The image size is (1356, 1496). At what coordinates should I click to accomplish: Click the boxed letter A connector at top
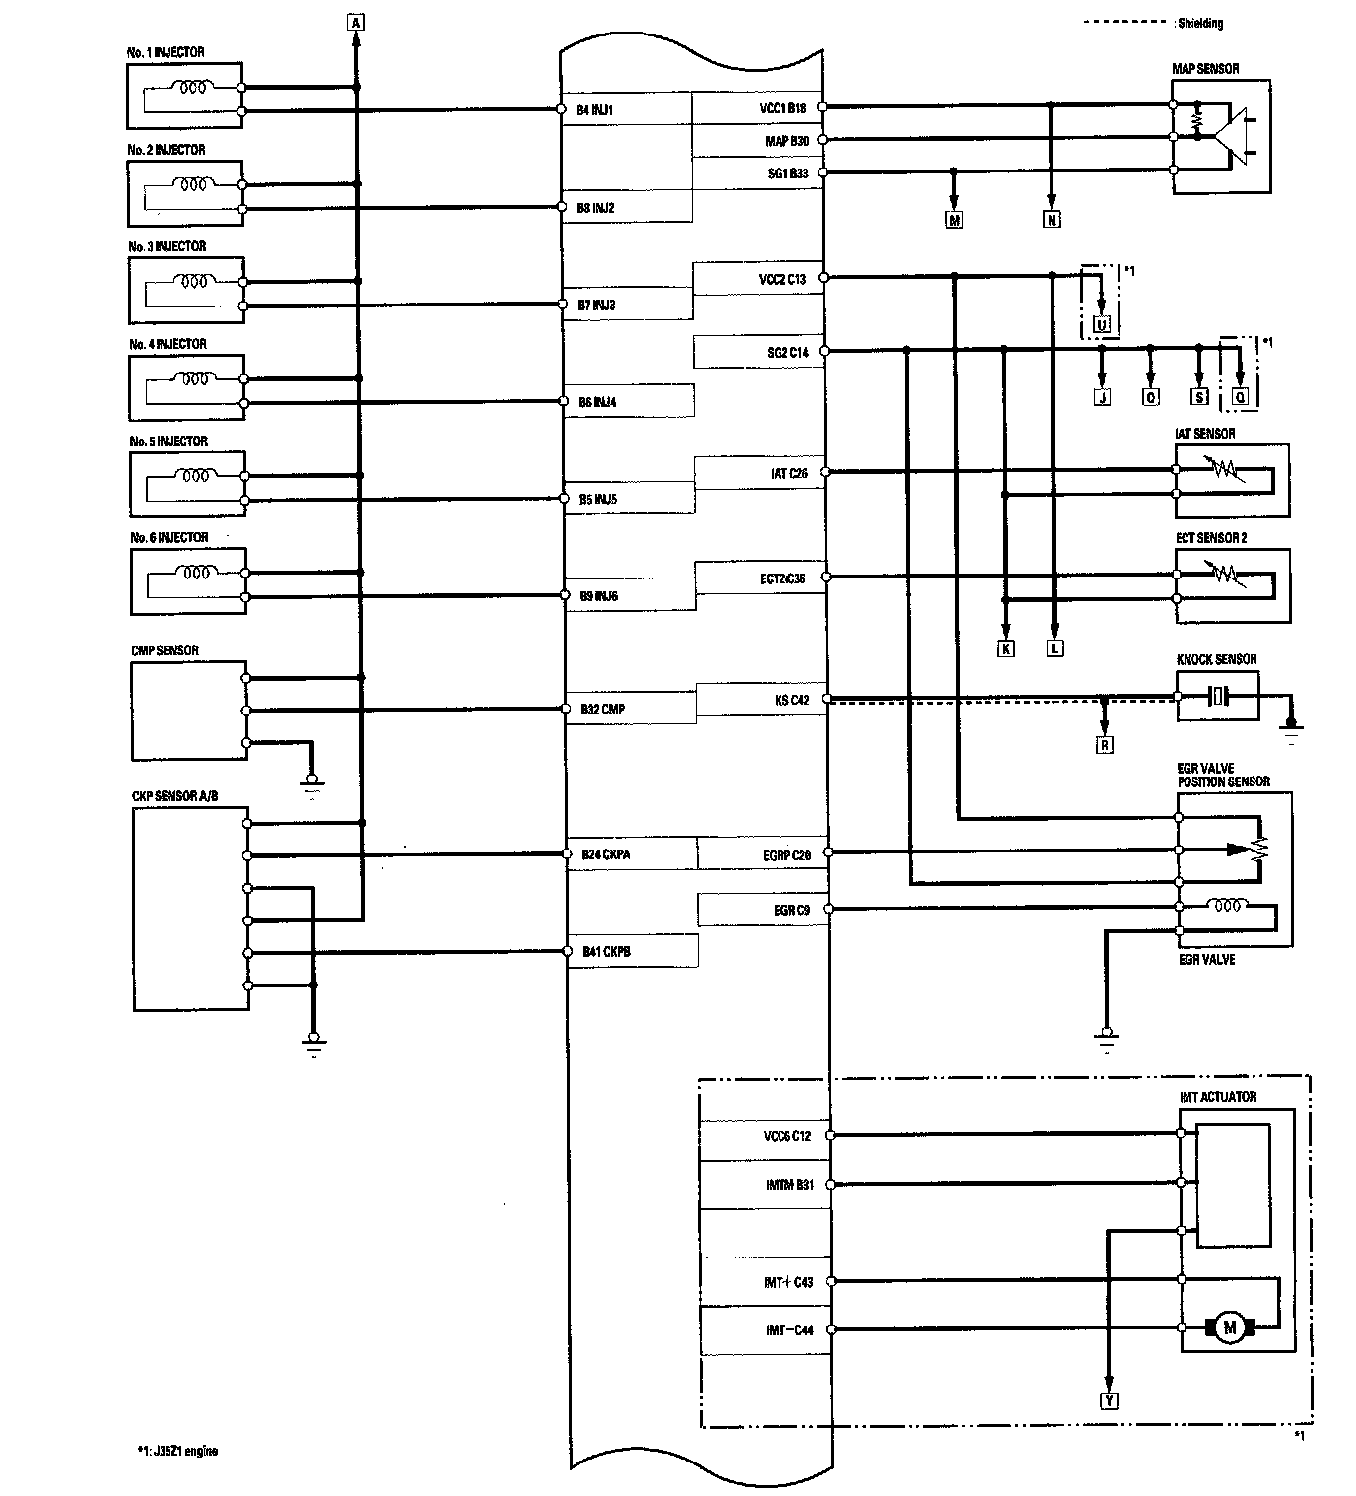(356, 20)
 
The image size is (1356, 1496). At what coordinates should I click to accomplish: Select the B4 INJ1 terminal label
(595, 110)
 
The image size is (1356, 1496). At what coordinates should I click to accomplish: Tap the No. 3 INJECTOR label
(168, 246)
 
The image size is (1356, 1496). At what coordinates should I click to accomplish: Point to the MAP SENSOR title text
(1205, 69)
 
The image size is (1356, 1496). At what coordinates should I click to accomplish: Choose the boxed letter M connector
(954, 221)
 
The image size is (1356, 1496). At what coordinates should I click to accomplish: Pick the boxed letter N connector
(1051, 221)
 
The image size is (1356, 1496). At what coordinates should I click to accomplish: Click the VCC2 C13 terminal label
(782, 279)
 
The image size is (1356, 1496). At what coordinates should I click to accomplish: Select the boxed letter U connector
(1102, 325)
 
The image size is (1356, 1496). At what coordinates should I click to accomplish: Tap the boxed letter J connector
(1102, 397)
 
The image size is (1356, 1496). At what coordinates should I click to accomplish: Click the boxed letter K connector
(1005, 648)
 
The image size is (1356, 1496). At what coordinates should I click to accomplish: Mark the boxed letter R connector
(1105, 745)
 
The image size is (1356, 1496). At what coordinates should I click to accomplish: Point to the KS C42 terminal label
(791, 701)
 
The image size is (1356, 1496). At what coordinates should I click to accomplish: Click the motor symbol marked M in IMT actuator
(1229, 1327)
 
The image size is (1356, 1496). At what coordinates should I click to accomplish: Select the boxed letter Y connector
(1109, 1400)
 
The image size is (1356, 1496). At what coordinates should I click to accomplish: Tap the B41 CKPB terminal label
(606, 952)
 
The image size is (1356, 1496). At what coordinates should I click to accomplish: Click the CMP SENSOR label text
(165, 651)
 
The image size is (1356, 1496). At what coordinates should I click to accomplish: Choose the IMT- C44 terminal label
(789, 1330)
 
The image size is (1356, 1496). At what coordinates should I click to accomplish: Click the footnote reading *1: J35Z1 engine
(178, 1451)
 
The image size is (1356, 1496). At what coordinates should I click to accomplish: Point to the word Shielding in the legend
(1200, 23)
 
